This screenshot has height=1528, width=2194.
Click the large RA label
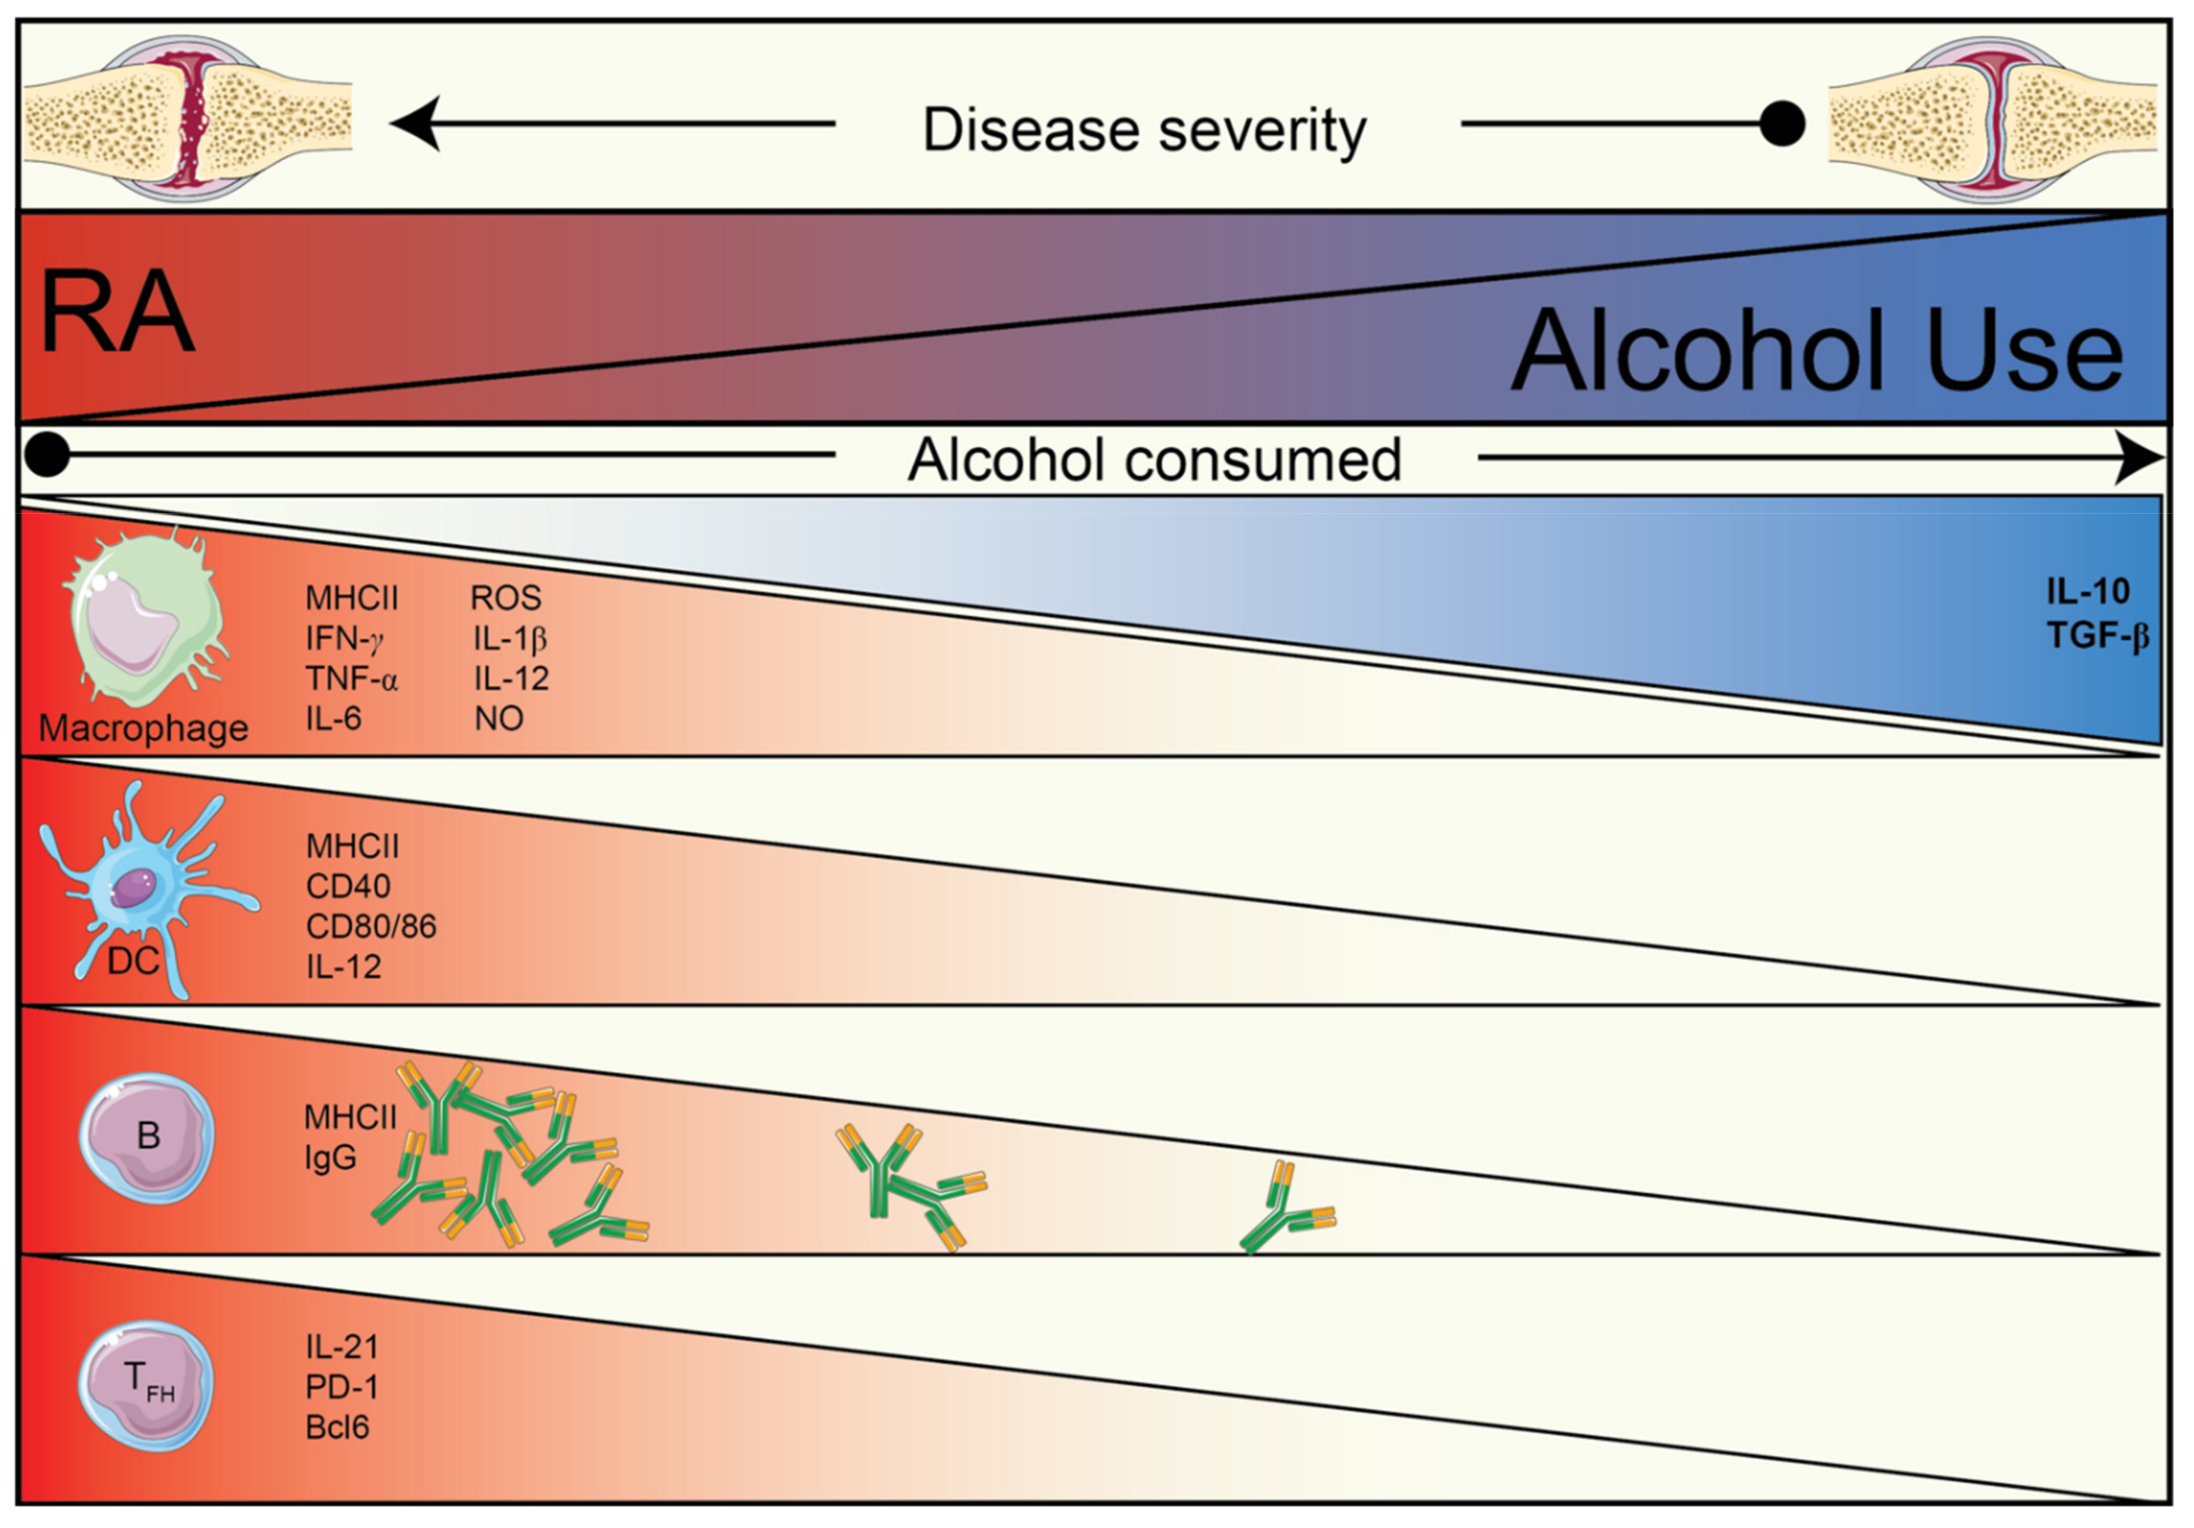[x=117, y=313]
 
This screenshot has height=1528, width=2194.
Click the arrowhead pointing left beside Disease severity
[x=417, y=123]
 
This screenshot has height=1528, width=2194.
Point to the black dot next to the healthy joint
[x=1781, y=123]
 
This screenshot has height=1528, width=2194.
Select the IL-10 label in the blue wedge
[x=2087, y=592]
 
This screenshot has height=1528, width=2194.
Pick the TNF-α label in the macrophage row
[x=350, y=678]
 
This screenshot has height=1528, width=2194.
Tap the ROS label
[x=506, y=598]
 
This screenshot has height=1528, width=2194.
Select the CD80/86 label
[x=371, y=926]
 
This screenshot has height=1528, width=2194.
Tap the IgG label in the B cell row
[x=329, y=1157]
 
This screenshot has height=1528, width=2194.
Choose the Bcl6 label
[x=336, y=1427]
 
